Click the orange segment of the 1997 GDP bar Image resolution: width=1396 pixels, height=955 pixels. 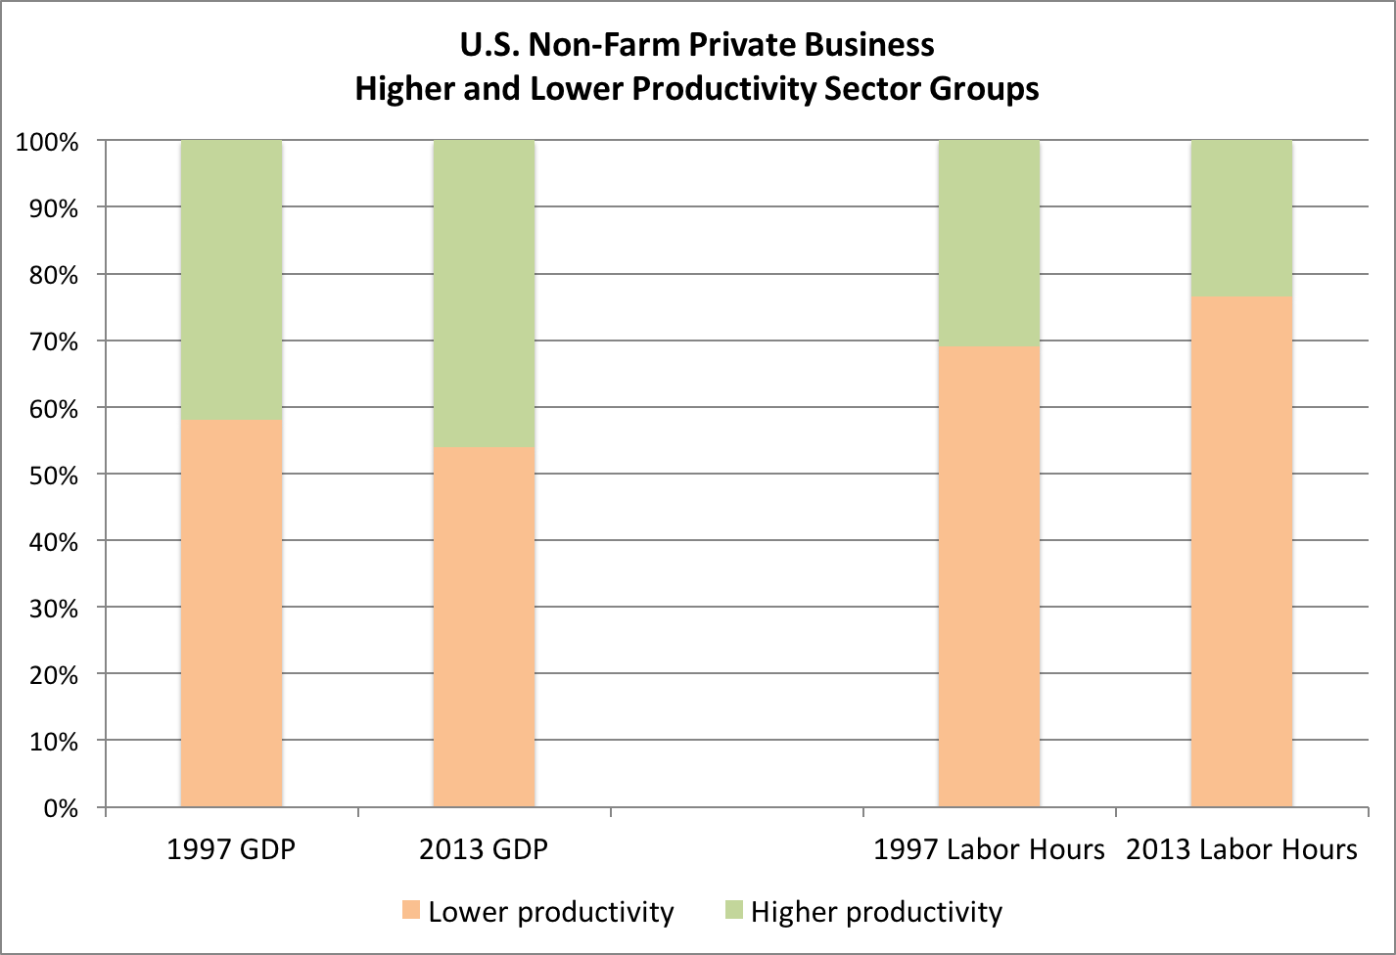click(x=231, y=614)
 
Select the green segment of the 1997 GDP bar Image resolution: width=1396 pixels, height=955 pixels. click(x=231, y=280)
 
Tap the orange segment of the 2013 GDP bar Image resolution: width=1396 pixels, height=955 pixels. click(x=484, y=627)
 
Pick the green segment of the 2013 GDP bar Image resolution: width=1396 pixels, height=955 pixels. click(x=484, y=294)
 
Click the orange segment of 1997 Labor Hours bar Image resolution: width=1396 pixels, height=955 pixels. click(x=989, y=576)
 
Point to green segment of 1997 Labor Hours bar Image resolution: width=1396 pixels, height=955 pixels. click(x=989, y=243)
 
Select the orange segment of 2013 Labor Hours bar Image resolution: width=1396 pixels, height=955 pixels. click(x=1241, y=552)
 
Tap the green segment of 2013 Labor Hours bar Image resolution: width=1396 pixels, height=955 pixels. click(x=1241, y=218)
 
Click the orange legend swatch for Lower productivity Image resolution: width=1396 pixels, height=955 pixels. click(x=411, y=911)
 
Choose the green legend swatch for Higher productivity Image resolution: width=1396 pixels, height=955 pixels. click(x=733, y=911)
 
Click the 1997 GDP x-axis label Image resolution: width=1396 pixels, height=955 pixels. click(x=231, y=848)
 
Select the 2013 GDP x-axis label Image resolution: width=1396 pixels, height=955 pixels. click(x=484, y=848)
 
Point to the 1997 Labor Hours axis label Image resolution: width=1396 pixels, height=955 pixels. click(x=989, y=848)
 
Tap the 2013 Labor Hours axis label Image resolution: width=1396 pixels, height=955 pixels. click(x=1241, y=848)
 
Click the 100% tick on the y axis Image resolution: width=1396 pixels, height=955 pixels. click(x=46, y=142)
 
